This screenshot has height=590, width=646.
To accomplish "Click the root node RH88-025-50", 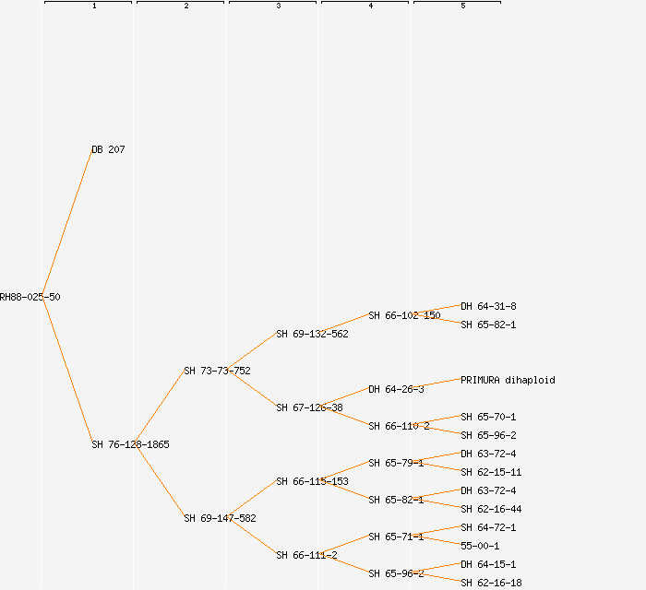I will pos(30,297).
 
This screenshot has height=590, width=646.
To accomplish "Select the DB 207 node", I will pos(108,149).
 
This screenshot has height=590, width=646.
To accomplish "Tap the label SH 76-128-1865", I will pos(130,444).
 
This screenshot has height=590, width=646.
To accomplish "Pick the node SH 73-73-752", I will pos(217,371).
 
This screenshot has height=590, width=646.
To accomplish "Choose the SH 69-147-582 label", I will pos(220,518).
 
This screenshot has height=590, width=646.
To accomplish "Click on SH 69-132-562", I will pos(312,334).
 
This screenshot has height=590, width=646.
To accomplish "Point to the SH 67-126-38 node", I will pos(309,407).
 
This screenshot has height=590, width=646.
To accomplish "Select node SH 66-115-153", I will pos(312,481).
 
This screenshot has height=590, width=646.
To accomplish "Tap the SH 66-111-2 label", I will pos(306,555).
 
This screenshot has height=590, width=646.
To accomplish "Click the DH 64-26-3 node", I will pos(396,389).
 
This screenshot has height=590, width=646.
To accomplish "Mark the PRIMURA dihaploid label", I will pos(508,380).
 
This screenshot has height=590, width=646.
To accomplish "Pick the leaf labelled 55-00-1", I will pos(480,546).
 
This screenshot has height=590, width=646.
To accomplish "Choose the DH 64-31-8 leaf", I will pos(488,306).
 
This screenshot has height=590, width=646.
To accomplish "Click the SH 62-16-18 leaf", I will pos(491,583).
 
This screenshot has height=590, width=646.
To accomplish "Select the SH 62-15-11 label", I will pos(491,472).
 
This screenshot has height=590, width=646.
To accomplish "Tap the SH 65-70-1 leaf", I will pos(488,417).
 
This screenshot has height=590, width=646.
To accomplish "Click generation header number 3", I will pos(279,6).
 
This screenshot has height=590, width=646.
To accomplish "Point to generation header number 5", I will pos(463,6).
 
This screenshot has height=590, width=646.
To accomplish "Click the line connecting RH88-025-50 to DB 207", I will pos(66,223).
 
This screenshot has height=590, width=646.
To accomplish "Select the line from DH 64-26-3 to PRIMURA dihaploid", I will pos(441,383).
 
